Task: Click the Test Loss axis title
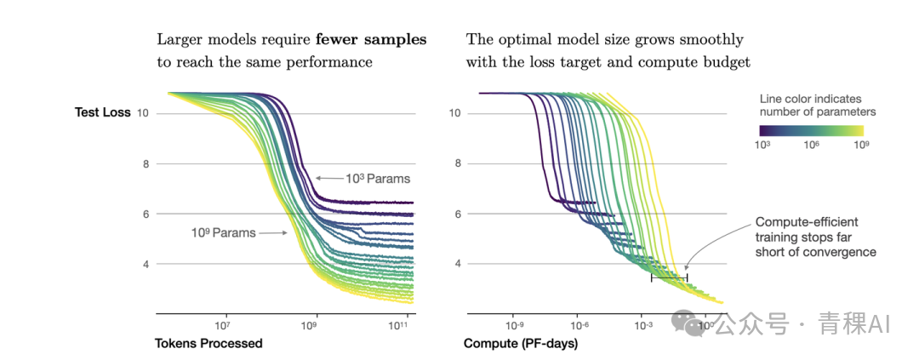[x=103, y=113]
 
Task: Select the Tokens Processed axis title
[x=208, y=344]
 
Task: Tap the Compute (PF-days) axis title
[x=520, y=344]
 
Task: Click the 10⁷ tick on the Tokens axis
[x=222, y=325]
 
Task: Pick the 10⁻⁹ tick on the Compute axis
[x=514, y=325]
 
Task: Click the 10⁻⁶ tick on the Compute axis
[x=579, y=325]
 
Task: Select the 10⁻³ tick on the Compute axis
[x=643, y=325]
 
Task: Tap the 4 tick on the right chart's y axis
[x=457, y=264]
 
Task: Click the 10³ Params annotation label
[x=377, y=179]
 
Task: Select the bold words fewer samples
[x=372, y=40]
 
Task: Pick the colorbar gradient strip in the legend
[x=812, y=130]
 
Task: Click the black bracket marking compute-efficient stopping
[x=669, y=277]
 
